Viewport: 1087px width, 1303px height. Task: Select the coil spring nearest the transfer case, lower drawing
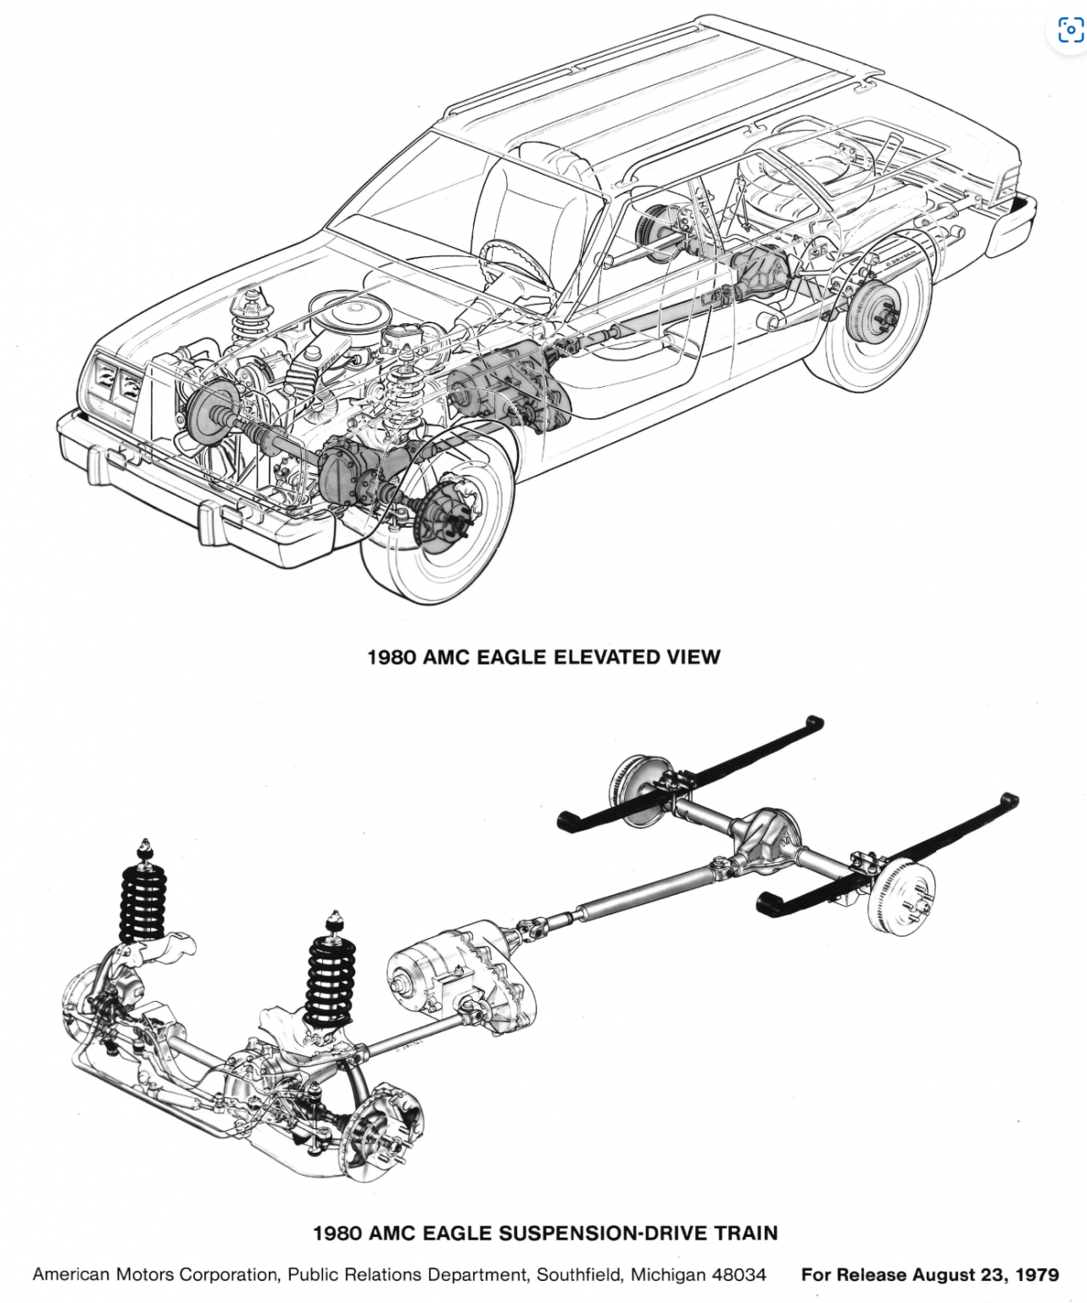(332, 980)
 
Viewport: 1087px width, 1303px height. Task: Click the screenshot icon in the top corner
(1069, 31)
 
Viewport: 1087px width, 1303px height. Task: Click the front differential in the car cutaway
(348, 471)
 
